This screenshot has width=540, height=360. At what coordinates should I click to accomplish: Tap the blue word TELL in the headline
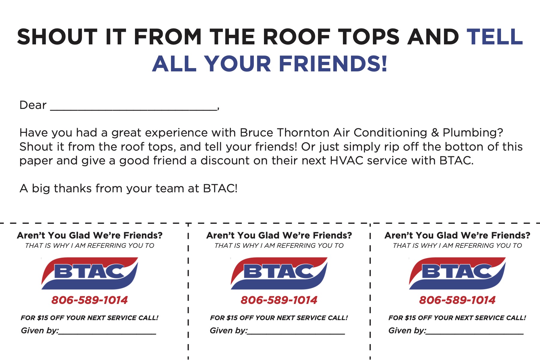(x=495, y=37)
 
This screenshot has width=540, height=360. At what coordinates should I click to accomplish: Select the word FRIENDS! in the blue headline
(x=333, y=64)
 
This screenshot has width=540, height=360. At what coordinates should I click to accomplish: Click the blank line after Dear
(x=133, y=110)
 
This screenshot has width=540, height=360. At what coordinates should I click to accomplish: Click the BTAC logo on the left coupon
(x=89, y=273)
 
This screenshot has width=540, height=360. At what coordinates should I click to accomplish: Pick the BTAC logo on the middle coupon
(x=279, y=273)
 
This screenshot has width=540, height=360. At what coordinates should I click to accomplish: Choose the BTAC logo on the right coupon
(x=457, y=273)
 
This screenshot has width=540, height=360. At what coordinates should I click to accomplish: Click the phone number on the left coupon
(x=89, y=300)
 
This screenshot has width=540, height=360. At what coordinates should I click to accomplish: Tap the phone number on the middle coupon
(x=279, y=300)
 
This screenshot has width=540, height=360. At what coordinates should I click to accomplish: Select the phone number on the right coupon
(x=457, y=300)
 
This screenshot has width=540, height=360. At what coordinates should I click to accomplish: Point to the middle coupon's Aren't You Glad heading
(x=279, y=235)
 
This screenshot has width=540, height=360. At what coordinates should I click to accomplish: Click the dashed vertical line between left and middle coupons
(x=188, y=291)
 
